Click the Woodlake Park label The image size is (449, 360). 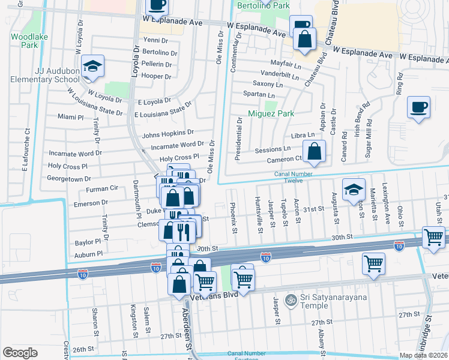pyautogui.click(x=25, y=40)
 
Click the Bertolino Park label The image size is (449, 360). pyautogui.click(x=263, y=5)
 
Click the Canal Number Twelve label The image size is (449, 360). pyautogui.click(x=296, y=177)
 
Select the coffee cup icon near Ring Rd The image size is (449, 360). pyautogui.click(x=418, y=108)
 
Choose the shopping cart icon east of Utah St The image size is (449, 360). pyautogui.click(x=433, y=236)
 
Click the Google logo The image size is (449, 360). pyautogui.click(x=20, y=352)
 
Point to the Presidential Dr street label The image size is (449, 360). pyautogui.click(x=238, y=139)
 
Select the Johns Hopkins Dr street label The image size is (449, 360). pyautogui.click(x=168, y=133)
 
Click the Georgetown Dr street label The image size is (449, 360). pyautogui.click(x=70, y=179)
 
